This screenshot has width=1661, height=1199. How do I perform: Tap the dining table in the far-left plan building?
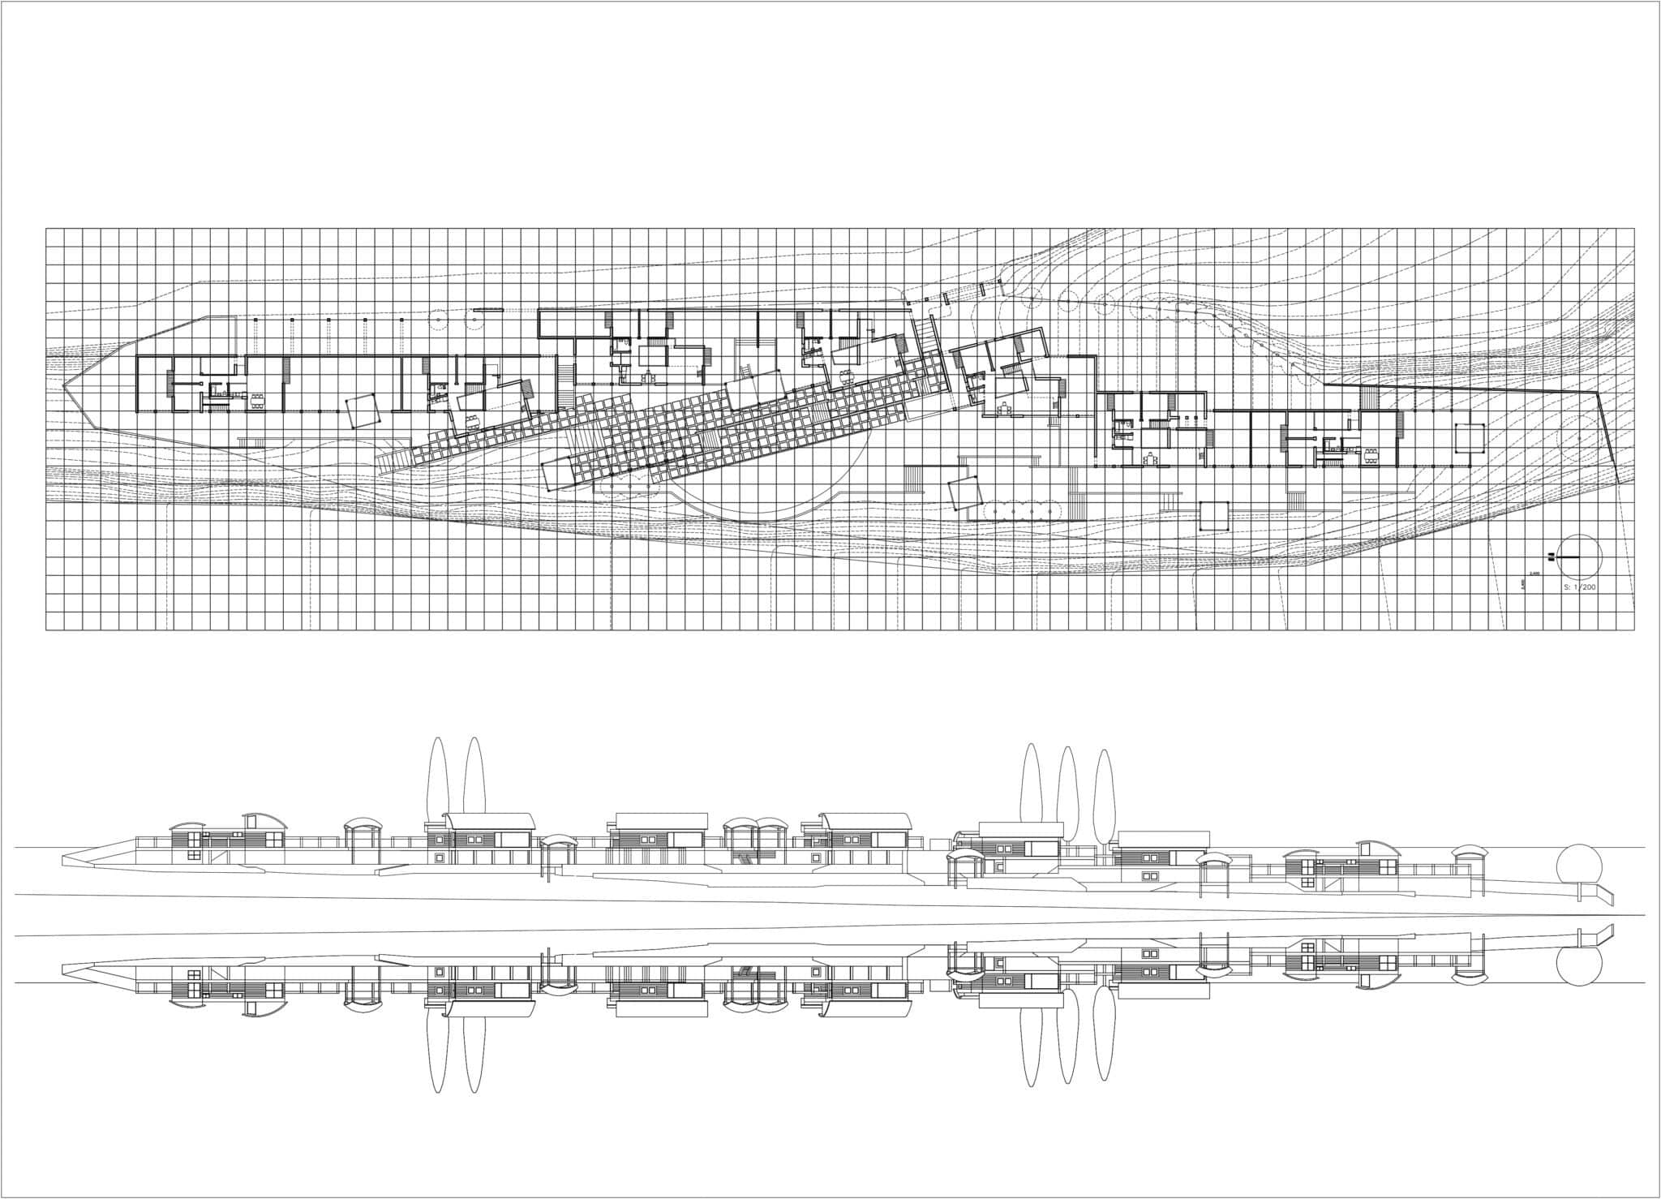tap(257, 399)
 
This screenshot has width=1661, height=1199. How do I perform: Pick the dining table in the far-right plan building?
tap(1370, 453)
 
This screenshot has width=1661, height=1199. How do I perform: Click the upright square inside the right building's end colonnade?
tap(1467, 437)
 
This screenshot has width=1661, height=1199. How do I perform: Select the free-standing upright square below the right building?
tap(1214, 516)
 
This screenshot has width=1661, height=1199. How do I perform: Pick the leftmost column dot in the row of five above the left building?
tap(255, 321)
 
